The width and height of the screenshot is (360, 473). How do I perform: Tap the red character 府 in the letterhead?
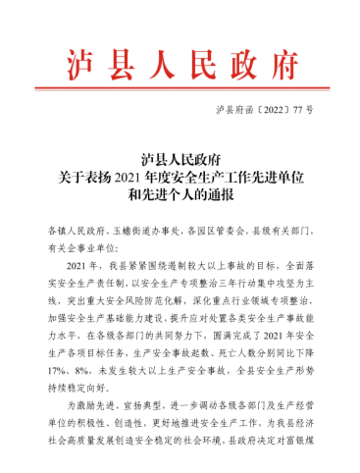(x=282, y=66)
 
